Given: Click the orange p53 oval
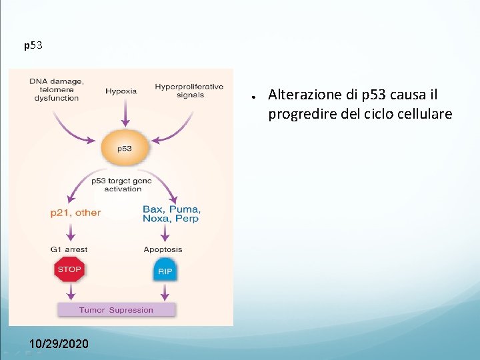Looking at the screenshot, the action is click(x=125, y=148).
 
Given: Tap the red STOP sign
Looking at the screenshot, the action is click(x=69, y=270).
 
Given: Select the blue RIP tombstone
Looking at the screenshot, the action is click(x=165, y=270).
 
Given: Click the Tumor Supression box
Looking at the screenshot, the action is click(x=116, y=310).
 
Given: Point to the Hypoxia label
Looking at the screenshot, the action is click(x=121, y=91).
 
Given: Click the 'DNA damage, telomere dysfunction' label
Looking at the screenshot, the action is click(x=57, y=89).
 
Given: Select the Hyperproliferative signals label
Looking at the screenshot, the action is click(x=189, y=90).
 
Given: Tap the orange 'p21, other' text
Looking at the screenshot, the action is click(x=75, y=213).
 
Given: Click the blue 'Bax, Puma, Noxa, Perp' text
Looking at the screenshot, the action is click(x=171, y=213).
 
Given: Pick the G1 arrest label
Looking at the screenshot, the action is click(x=69, y=249).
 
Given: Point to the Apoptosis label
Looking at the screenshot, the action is click(x=163, y=249).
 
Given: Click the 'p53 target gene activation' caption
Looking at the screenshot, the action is click(x=122, y=185).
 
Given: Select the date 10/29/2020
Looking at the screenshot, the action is click(x=59, y=344).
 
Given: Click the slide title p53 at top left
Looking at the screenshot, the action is click(x=33, y=46).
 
